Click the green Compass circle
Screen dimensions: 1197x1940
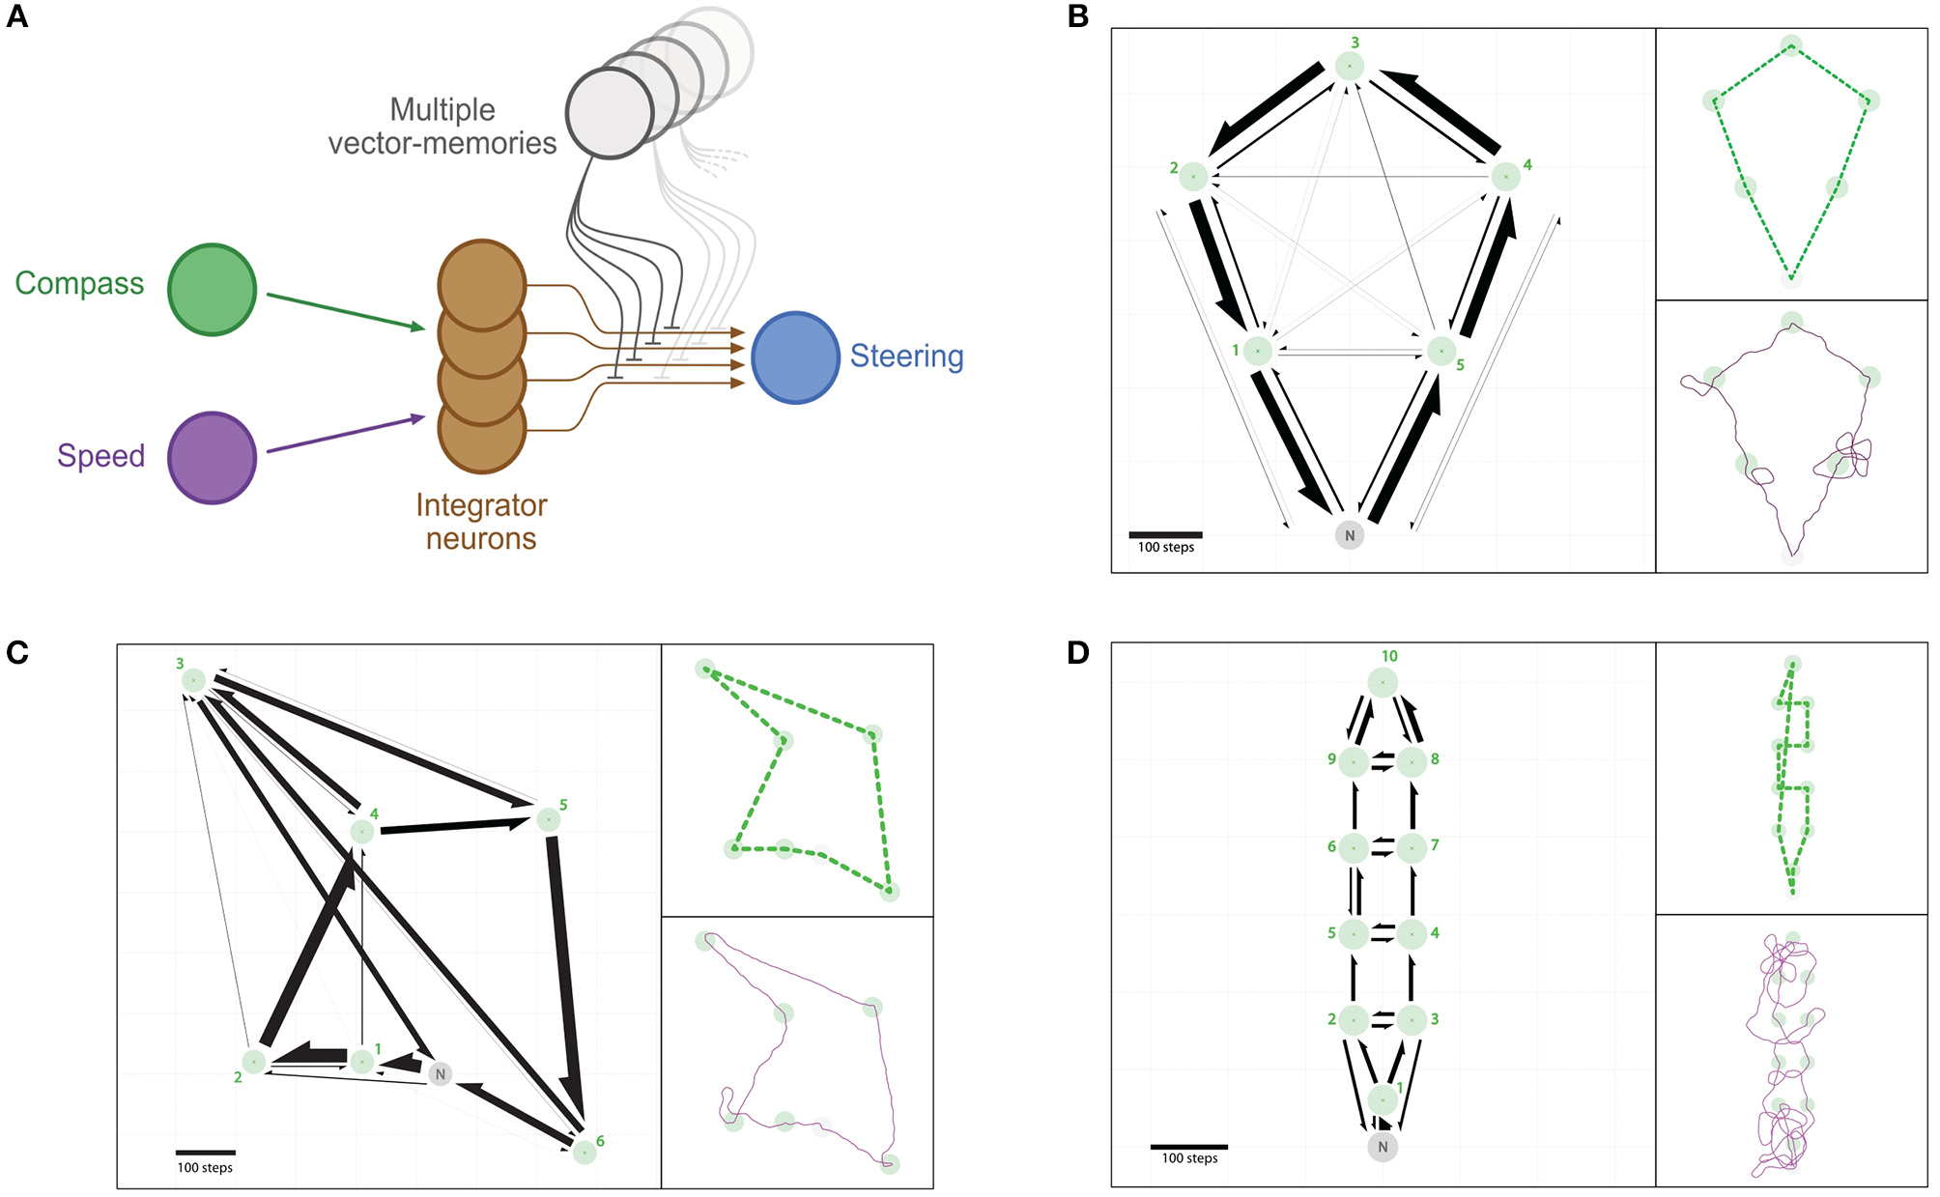212,289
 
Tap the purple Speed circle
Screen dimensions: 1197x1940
212,458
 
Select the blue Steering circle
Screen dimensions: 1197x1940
794,356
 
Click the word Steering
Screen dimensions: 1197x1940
906,356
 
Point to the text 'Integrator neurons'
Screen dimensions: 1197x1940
481,522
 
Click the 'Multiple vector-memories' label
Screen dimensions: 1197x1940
442,127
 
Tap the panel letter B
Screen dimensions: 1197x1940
1077,16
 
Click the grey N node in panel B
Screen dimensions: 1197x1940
1349,535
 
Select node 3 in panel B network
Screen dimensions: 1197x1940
1350,66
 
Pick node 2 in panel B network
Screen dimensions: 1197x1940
1193,177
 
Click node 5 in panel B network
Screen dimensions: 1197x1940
1441,351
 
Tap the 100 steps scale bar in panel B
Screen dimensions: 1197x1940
1165,534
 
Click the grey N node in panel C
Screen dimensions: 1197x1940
441,1073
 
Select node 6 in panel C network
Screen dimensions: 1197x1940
585,1152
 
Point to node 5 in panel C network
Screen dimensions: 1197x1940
549,819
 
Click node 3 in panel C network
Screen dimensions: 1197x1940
193,680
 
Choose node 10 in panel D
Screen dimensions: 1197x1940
1383,682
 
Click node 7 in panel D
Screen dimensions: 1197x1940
1412,847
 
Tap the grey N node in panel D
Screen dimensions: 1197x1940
1383,1147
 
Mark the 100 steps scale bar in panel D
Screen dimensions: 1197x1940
1188,1147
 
